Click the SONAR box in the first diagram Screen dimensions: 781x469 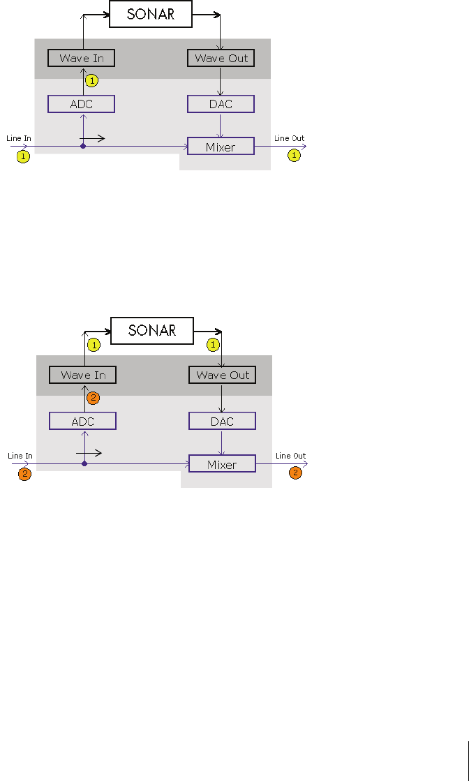(151, 14)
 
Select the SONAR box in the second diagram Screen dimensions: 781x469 (152, 331)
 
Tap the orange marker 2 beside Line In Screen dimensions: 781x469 (24, 474)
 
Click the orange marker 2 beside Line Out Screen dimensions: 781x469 (296, 473)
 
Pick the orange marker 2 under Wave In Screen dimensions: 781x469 (94, 398)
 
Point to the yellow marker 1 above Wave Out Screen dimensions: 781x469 (214, 345)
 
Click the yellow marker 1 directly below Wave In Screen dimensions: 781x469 (92, 81)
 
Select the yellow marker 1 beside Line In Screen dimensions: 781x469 (23, 157)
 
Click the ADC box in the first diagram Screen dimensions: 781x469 (81, 104)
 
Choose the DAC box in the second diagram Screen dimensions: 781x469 (222, 421)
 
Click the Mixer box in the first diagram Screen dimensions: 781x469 (221, 147)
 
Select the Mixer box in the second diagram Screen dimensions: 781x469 (222, 464)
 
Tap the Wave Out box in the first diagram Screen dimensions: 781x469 (221, 58)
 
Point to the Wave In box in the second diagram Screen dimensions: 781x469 (82, 375)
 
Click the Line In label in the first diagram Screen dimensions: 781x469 (19, 138)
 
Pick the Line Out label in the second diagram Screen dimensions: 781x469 (290, 456)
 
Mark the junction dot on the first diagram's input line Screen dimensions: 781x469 (83, 146)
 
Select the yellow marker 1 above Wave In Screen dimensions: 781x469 (94, 345)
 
